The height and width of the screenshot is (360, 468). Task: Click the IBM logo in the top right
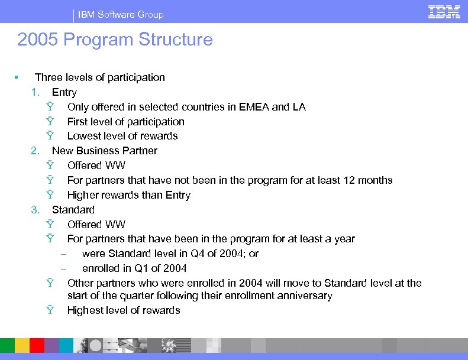[x=444, y=12]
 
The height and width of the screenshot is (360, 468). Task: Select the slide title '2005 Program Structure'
[x=115, y=40]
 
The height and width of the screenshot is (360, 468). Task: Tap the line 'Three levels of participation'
[x=100, y=77]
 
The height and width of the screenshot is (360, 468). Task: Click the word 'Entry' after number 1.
[x=64, y=92]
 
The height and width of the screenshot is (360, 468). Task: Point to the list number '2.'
[x=35, y=151]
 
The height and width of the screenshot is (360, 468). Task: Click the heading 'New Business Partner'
[x=105, y=151]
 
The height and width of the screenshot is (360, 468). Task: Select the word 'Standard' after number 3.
[x=73, y=210]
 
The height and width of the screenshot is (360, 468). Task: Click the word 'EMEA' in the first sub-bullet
[x=254, y=107]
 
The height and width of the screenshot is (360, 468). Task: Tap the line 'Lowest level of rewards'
[x=122, y=136]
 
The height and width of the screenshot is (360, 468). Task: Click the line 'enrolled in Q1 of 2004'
[x=134, y=268]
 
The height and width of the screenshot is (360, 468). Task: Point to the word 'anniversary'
[x=305, y=296]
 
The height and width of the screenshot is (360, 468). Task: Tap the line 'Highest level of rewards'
[x=124, y=310]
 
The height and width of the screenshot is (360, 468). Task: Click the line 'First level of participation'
[x=126, y=122]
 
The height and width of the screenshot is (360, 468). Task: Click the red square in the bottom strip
[x=37, y=345]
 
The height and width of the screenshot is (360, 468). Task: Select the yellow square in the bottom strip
[x=22, y=345]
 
